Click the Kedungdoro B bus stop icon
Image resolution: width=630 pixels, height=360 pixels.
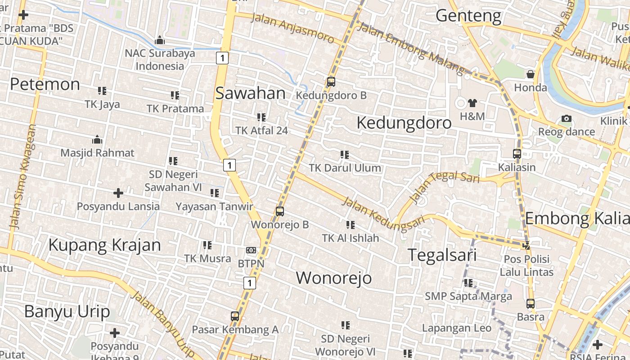(x=331, y=82)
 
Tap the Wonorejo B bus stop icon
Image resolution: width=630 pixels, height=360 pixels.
(x=280, y=211)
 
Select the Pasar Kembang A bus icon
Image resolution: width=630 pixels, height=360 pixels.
(x=235, y=316)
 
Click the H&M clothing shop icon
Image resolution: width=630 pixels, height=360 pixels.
(x=472, y=103)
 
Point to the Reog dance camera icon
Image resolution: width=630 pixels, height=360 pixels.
(x=567, y=119)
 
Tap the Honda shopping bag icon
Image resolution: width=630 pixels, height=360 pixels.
(x=531, y=74)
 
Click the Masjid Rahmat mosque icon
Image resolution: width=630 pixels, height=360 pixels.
(x=97, y=139)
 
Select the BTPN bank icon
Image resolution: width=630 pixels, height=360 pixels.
(x=251, y=250)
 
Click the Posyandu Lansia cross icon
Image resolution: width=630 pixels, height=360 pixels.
(x=118, y=193)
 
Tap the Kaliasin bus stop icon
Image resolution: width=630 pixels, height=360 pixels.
(x=517, y=154)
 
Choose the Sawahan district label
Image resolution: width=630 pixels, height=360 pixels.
(x=250, y=93)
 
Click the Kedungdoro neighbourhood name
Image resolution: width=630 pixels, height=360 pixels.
(x=404, y=123)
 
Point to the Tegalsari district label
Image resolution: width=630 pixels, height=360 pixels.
(x=442, y=255)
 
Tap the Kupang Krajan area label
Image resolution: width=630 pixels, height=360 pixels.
(x=104, y=245)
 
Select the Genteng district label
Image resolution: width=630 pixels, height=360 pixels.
(x=468, y=16)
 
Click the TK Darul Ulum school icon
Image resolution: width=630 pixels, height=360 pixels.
(x=345, y=155)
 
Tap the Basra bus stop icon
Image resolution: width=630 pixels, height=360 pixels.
(x=531, y=304)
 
